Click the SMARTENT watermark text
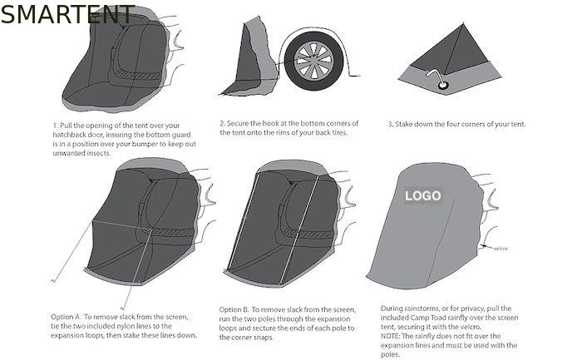click(x=67, y=14)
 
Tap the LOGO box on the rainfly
click(x=422, y=195)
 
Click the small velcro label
click(x=501, y=249)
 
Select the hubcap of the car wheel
click(x=313, y=61)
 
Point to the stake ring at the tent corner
click(x=443, y=86)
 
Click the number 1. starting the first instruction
click(x=56, y=126)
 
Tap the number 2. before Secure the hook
click(x=223, y=123)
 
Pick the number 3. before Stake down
click(x=391, y=124)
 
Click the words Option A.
click(x=66, y=317)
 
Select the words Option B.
click(x=234, y=309)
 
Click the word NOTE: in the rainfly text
click(x=390, y=336)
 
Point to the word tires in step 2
click(x=339, y=132)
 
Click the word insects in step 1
click(x=100, y=153)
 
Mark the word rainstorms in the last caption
click(x=422, y=308)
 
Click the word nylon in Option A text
click(x=126, y=326)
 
